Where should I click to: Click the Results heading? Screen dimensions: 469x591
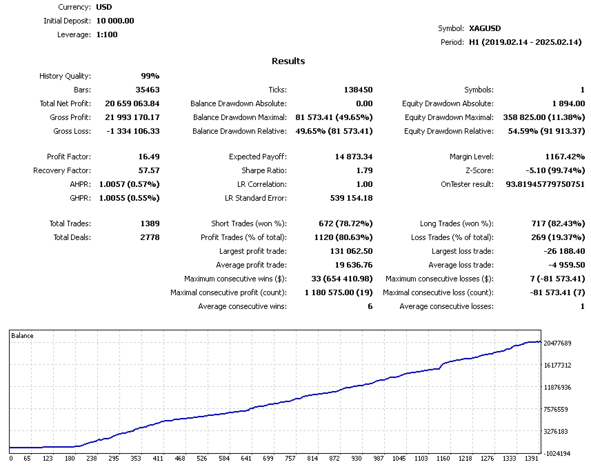pos(288,61)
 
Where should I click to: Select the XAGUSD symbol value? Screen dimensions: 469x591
pos(485,28)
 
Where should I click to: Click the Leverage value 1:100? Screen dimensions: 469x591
pos(107,34)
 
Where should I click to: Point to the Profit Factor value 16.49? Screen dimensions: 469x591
pos(149,157)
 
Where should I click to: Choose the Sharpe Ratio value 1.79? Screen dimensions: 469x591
pos(363,171)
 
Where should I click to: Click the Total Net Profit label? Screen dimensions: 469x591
pos(65,103)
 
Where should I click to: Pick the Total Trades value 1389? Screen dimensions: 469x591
pos(149,223)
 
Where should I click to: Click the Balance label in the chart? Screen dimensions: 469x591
pos(22,336)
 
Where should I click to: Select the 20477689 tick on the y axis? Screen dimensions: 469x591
pos(557,343)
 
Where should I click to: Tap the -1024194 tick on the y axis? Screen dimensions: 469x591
pos(557,454)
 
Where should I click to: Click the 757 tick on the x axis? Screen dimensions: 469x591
pos(290,458)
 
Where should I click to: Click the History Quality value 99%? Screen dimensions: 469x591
pos(150,76)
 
